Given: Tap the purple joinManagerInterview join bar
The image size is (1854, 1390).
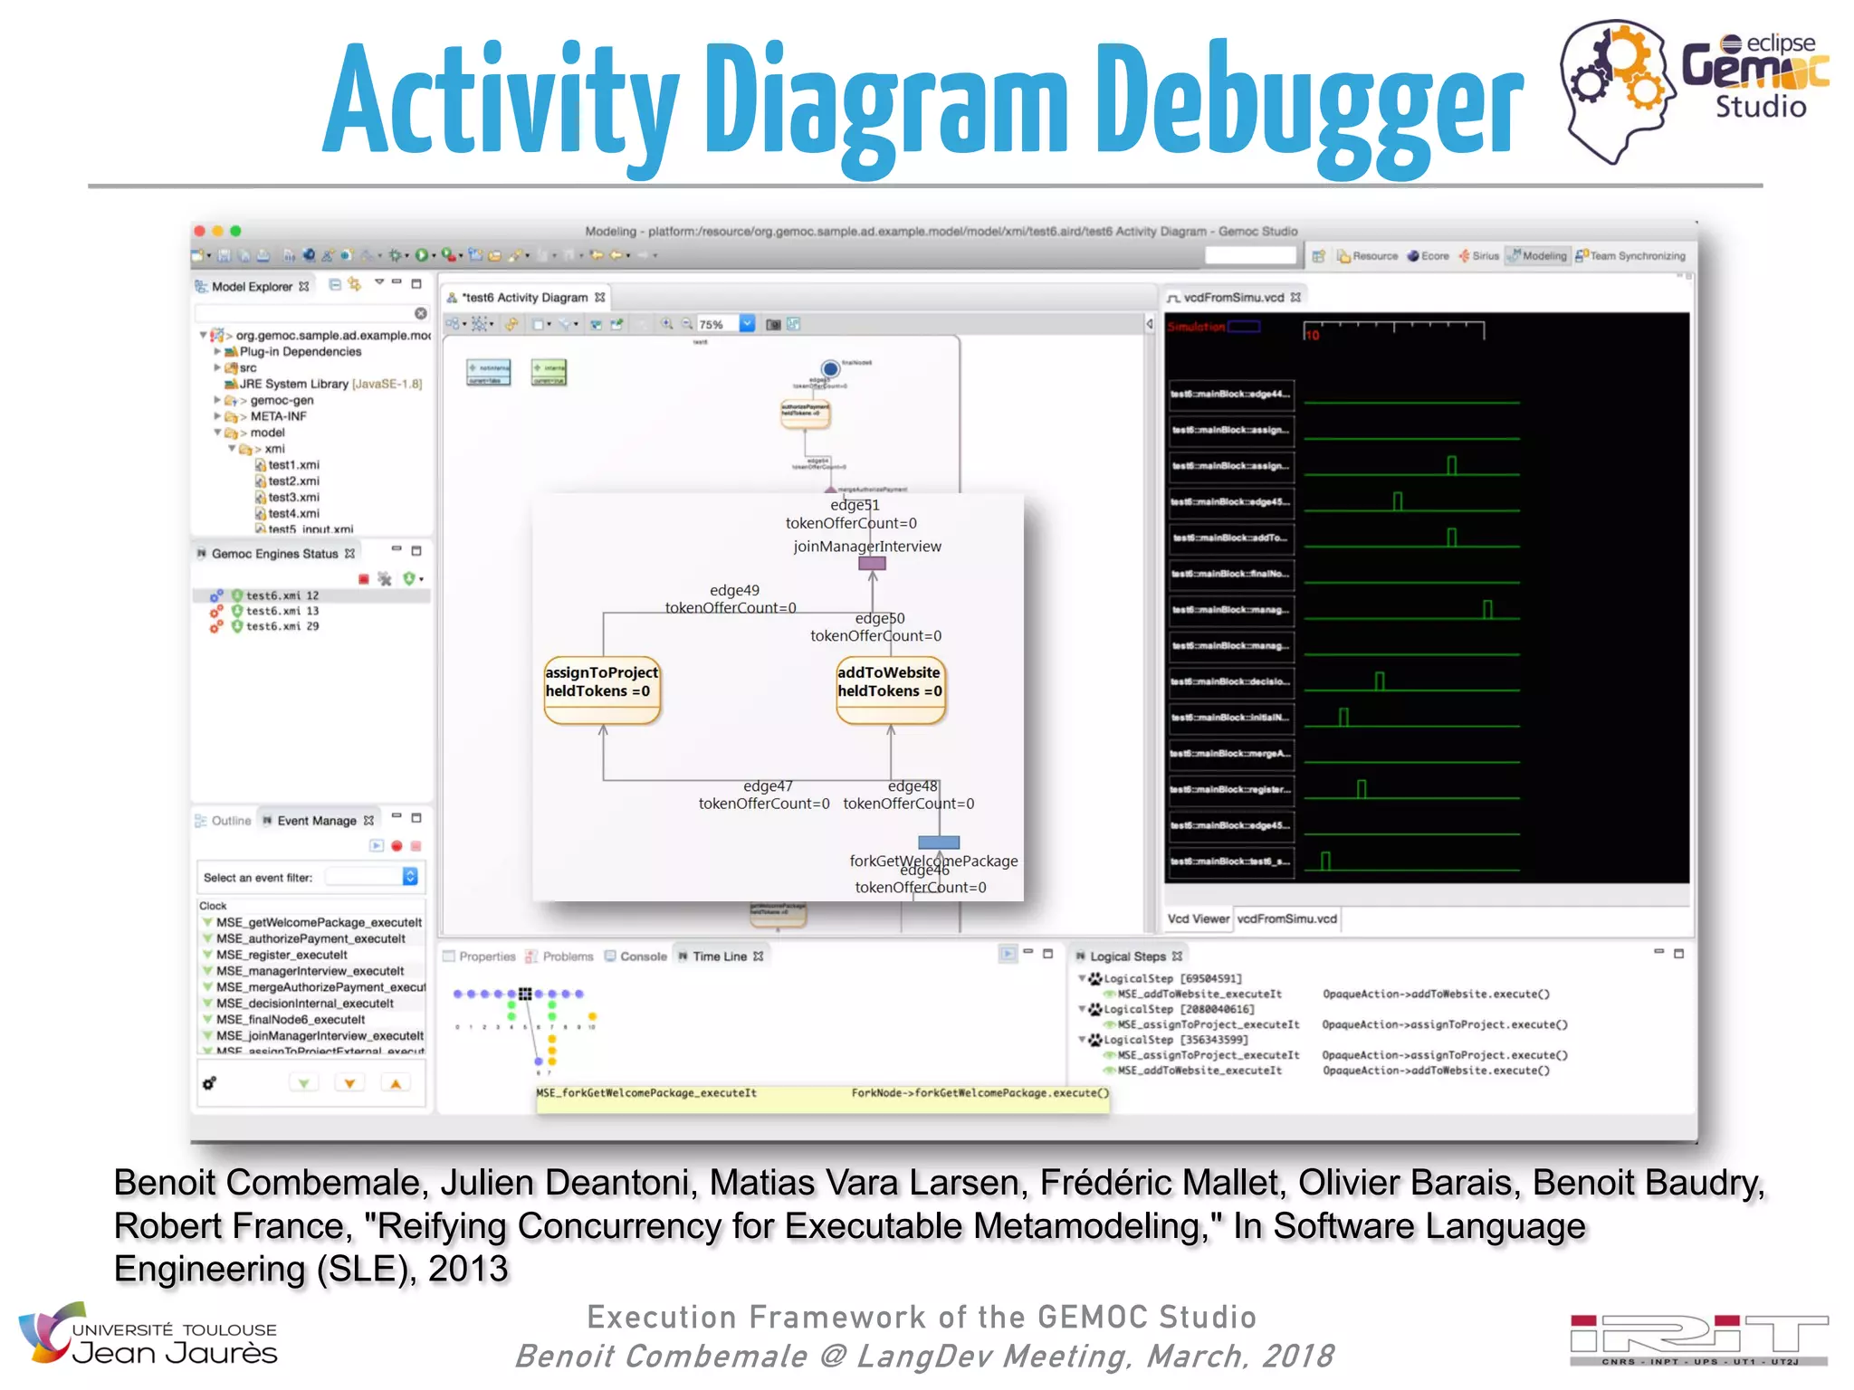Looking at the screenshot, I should pos(872,563).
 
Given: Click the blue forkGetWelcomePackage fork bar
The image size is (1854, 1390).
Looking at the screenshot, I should pos(939,843).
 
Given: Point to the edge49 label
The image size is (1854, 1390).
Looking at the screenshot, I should pos(734,590).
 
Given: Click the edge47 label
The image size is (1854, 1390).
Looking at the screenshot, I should pos(768,785).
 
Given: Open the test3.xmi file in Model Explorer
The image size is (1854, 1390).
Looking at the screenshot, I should pos(292,497).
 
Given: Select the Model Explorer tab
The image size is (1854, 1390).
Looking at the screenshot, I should pos(252,286).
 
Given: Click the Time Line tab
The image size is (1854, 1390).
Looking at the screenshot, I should pos(720,956).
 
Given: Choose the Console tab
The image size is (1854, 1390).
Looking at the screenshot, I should pos(643,956).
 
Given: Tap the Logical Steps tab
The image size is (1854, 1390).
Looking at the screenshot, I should pos(1127,956).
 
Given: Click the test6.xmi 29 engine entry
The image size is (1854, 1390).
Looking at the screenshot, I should pos(282,626).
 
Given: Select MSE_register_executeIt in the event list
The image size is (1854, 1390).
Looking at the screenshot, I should pos(282,955).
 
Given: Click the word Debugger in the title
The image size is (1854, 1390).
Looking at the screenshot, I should pos(1309,104).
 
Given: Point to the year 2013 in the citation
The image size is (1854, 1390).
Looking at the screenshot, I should pos(468,1269).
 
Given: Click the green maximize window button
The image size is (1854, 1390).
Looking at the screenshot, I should pos(235,231).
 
